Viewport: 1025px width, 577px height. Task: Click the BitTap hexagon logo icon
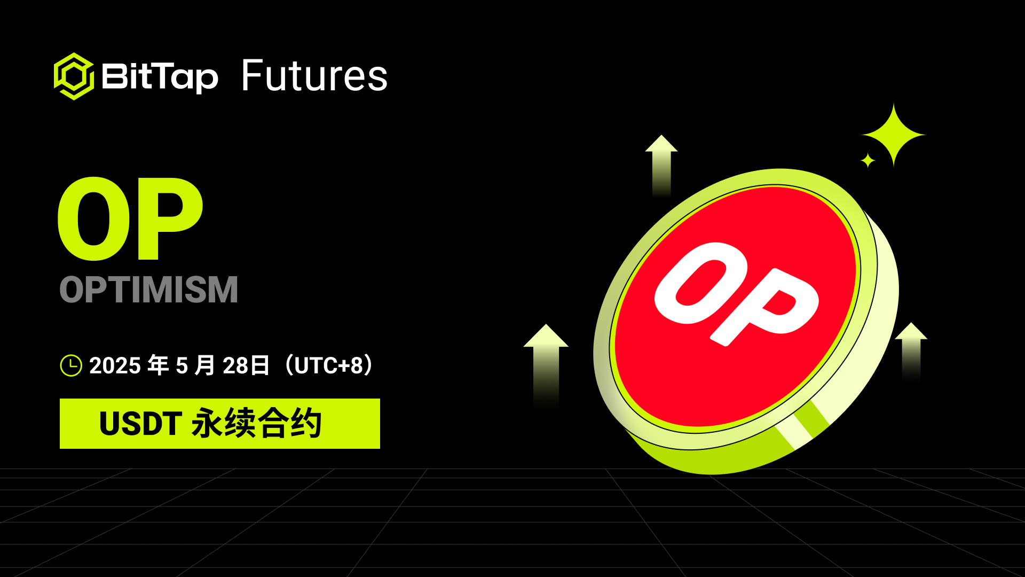pos(74,76)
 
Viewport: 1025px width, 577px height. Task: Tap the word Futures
pos(314,76)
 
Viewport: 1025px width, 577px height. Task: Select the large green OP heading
pos(130,219)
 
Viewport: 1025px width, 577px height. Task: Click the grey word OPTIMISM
pos(148,290)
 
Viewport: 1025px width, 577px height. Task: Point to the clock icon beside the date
pos(71,365)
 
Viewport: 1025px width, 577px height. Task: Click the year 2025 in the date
pos(115,366)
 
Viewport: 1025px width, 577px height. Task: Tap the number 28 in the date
pos(235,366)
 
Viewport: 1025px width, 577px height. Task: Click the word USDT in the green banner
pos(141,424)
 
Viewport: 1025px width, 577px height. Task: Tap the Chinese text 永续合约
pos(257,423)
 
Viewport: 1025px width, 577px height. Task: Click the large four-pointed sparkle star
pos(893,135)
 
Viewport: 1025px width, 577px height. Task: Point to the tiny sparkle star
pos(868,160)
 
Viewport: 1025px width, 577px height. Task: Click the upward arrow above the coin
pos(661,166)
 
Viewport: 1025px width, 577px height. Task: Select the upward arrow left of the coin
pos(546,366)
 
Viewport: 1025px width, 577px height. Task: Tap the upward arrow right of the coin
pos(911,351)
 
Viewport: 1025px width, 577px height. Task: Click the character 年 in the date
pos(158,365)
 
